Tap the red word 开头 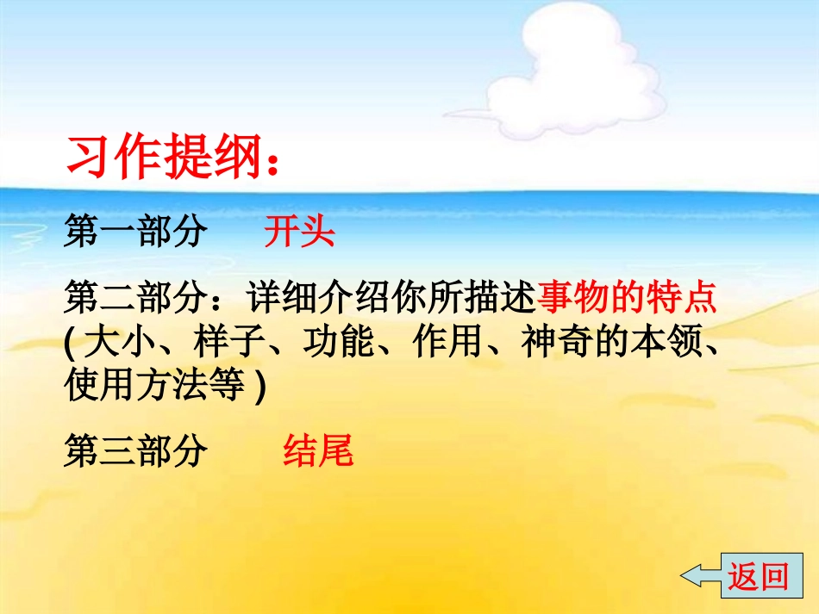pos(299,233)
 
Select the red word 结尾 pos(318,450)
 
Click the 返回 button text pos(759,575)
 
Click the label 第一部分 pos(136,233)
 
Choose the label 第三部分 pos(136,450)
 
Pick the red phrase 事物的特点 pos(627,300)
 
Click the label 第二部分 pos(136,300)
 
